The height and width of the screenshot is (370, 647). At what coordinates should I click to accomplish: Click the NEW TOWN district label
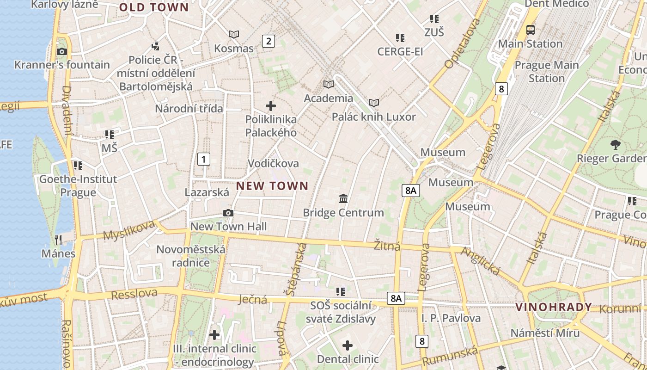click(x=272, y=186)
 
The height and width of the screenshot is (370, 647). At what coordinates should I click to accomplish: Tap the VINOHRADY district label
click(x=553, y=307)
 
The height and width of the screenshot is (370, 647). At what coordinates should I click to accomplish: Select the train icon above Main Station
click(x=531, y=30)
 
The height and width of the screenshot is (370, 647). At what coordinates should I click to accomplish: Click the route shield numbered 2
click(x=268, y=41)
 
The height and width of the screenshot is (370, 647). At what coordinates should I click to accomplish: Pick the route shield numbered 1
click(x=203, y=159)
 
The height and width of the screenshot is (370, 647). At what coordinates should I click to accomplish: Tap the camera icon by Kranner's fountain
click(x=61, y=51)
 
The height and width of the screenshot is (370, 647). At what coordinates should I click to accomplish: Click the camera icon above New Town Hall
click(x=228, y=213)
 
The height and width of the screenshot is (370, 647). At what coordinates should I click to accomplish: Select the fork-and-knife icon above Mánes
click(x=58, y=240)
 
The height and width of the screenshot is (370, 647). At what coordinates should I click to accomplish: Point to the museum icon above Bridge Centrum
click(x=343, y=199)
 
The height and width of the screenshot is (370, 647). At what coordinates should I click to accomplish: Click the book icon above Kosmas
click(x=234, y=34)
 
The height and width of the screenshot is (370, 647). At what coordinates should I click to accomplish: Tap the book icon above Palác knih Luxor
click(x=373, y=103)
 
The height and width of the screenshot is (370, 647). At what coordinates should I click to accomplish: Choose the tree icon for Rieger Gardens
click(x=615, y=144)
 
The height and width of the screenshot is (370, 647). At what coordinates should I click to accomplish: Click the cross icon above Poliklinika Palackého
click(x=271, y=106)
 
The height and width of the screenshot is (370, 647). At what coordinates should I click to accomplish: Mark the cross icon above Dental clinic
click(x=348, y=345)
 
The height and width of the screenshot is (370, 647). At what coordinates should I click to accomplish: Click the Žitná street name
click(x=387, y=246)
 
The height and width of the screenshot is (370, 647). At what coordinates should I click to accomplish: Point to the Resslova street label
click(x=134, y=294)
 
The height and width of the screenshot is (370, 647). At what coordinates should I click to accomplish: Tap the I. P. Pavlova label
click(x=451, y=318)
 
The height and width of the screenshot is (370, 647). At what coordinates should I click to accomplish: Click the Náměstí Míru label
click(x=545, y=333)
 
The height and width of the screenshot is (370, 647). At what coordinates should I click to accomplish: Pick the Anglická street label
click(x=481, y=261)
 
